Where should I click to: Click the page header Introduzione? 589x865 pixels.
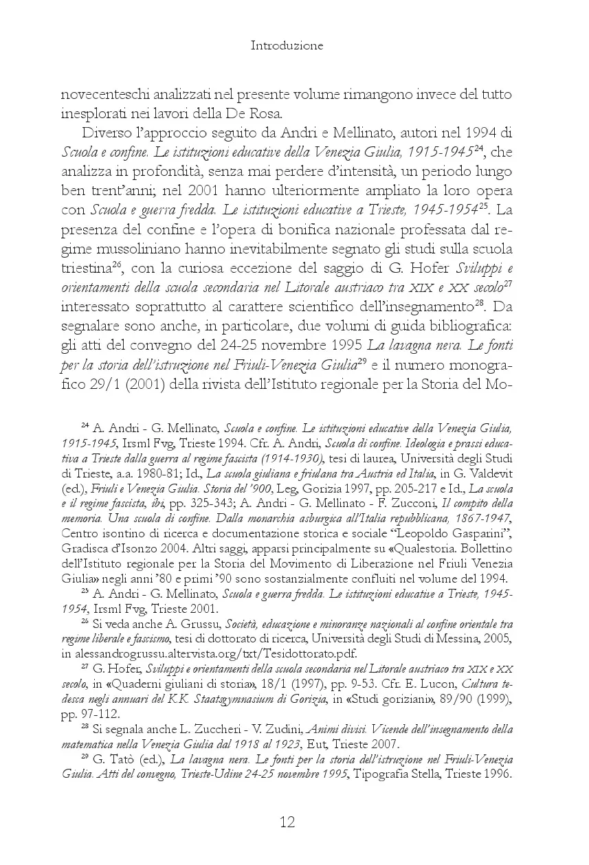pyautogui.click(x=287, y=46)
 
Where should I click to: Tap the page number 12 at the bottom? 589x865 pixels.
pyautogui.click(x=287, y=822)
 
